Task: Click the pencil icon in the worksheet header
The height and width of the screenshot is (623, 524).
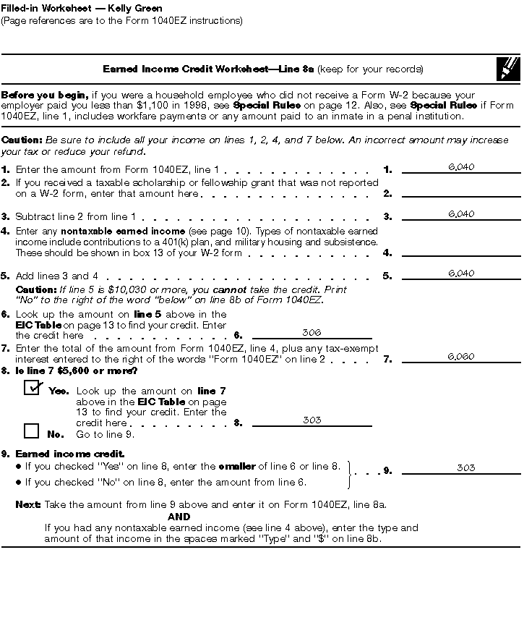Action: pos(508,69)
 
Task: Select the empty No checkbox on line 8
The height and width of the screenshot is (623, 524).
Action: pos(31,431)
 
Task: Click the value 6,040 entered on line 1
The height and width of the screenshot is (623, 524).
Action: pos(461,167)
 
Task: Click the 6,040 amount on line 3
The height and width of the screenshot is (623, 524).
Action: pos(461,214)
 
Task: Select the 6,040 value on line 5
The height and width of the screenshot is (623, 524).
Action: pos(461,274)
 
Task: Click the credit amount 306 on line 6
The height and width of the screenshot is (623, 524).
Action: pos(312,333)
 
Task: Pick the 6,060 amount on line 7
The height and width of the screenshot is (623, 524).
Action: pos(461,357)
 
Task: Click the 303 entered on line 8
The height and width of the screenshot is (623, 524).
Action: pos(312,420)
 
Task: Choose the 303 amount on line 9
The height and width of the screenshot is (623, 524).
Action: pos(466,468)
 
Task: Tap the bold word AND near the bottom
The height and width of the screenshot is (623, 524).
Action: pos(179,517)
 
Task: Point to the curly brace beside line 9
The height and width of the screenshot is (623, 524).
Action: pos(351,473)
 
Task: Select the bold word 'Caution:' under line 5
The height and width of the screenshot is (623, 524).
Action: pos(32,289)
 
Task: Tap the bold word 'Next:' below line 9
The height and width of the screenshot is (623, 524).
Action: pos(28,504)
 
